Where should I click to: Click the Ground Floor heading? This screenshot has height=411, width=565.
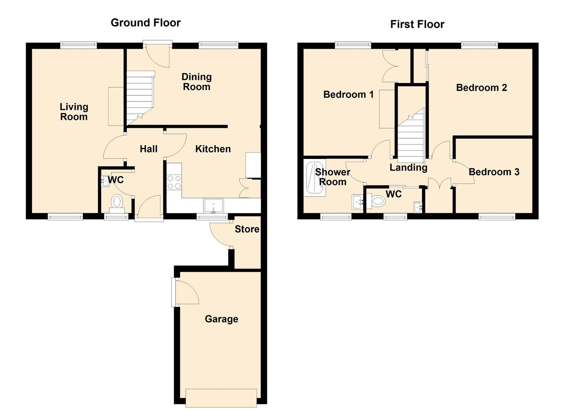145,23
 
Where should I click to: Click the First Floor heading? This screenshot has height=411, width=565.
417,24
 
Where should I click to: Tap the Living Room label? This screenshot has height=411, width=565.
74,112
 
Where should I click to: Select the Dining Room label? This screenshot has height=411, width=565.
196,82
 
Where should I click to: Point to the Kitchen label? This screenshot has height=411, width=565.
213,149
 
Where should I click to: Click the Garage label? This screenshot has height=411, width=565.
221,319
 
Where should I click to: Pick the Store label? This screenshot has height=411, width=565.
247,229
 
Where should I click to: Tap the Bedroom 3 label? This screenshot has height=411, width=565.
494,172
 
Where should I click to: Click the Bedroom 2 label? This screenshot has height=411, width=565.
482,88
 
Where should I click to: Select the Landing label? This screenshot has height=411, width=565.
408,168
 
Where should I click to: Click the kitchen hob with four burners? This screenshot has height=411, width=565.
174,182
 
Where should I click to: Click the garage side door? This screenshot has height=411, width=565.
187,292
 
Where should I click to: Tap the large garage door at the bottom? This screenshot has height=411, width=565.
221,398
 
